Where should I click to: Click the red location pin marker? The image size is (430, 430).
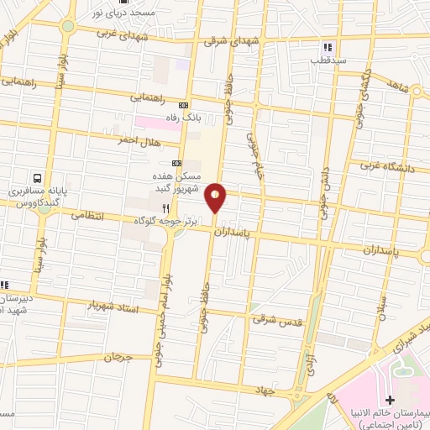pos(217,198)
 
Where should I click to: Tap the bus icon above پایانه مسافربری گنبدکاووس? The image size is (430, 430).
pos(36,178)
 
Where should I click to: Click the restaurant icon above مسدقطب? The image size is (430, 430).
pos(328,48)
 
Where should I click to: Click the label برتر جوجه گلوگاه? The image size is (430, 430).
pos(167,220)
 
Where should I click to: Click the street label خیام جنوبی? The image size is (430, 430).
pos(252,151)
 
